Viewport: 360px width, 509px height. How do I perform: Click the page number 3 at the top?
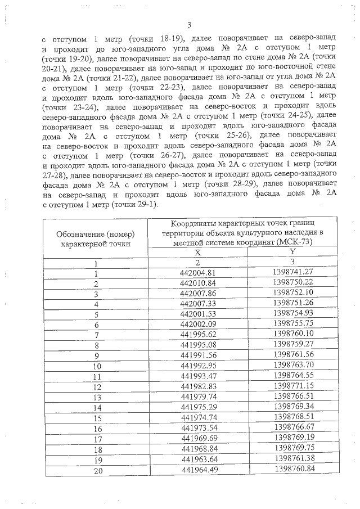tap(190, 24)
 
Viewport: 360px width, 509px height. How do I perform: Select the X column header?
tap(197, 253)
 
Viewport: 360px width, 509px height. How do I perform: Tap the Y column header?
tap(291, 253)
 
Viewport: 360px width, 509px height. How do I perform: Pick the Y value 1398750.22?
tap(292, 282)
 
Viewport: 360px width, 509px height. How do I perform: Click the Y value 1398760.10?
tap(292, 334)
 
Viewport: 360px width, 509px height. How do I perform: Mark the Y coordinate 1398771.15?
tap(292, 385)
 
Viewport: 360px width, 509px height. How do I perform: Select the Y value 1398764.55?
tap(292, 375)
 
